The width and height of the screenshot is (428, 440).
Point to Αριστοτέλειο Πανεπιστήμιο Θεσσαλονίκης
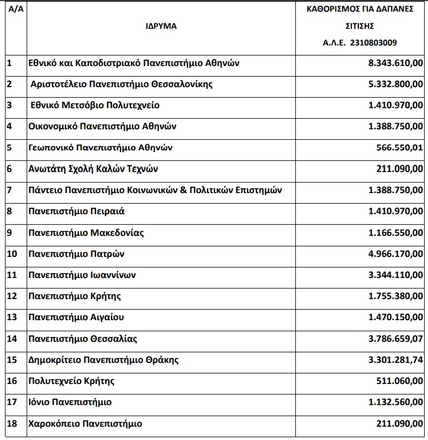(122, 84)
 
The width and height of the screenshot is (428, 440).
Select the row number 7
(9, 190)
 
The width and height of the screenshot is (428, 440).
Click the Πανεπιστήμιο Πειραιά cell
(77, 211)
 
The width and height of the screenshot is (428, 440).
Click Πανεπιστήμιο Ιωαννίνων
(82, 275)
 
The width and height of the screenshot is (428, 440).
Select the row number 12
(12, 296)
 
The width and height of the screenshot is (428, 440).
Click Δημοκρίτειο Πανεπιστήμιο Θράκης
(103, 360)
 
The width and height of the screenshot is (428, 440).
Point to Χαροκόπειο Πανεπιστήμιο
(85, 424)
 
